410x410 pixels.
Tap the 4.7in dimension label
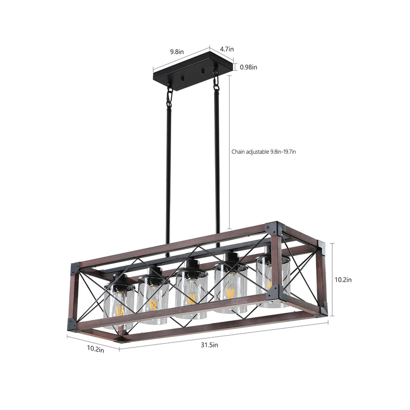point(227,49)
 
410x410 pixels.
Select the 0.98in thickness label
point(249,67)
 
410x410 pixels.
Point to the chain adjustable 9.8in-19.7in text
point(264,152)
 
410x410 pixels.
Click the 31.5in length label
point(209,345)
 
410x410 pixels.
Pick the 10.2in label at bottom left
point(94,350)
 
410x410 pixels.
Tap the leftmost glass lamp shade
point(119,305)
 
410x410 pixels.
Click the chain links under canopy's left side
point(169,96)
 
